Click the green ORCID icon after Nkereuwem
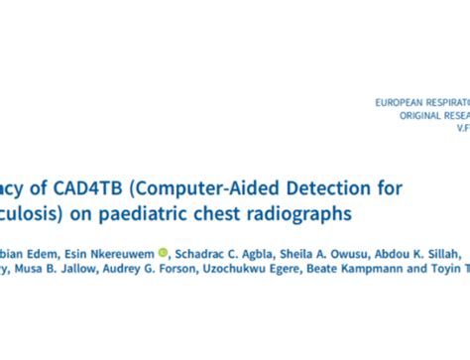click(163, 252)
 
